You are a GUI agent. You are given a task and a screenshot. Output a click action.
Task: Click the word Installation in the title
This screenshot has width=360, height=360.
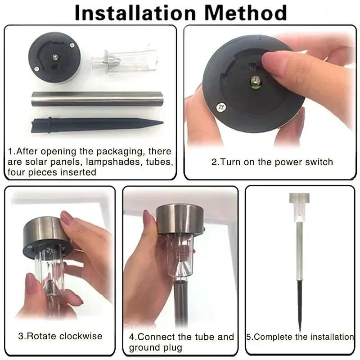tap(135, 13)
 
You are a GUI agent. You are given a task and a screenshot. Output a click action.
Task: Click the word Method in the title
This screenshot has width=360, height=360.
tap(245, 13)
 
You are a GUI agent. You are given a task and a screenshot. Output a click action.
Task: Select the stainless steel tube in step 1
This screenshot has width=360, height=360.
tap(97, 99)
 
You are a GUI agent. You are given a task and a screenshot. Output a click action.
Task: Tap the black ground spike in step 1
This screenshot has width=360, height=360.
tap(96, 125)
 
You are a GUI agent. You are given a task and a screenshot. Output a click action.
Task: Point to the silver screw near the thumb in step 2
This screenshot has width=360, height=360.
tap(221, 107)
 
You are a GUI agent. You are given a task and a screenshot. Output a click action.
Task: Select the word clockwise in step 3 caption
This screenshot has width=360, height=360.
tap(81, 336)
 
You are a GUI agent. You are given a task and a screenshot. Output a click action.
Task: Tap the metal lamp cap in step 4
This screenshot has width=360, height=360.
tap(180, 220)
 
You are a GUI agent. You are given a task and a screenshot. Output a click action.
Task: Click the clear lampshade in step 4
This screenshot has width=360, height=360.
tap(180, 255)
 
